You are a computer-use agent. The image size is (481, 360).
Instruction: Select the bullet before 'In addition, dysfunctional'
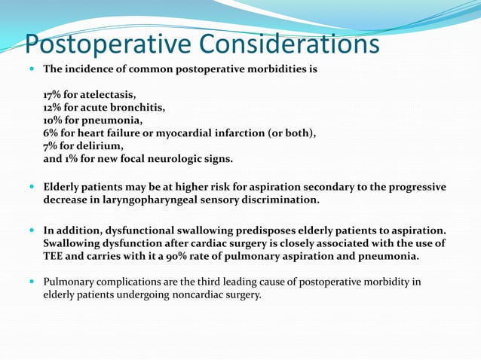[31, 230]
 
